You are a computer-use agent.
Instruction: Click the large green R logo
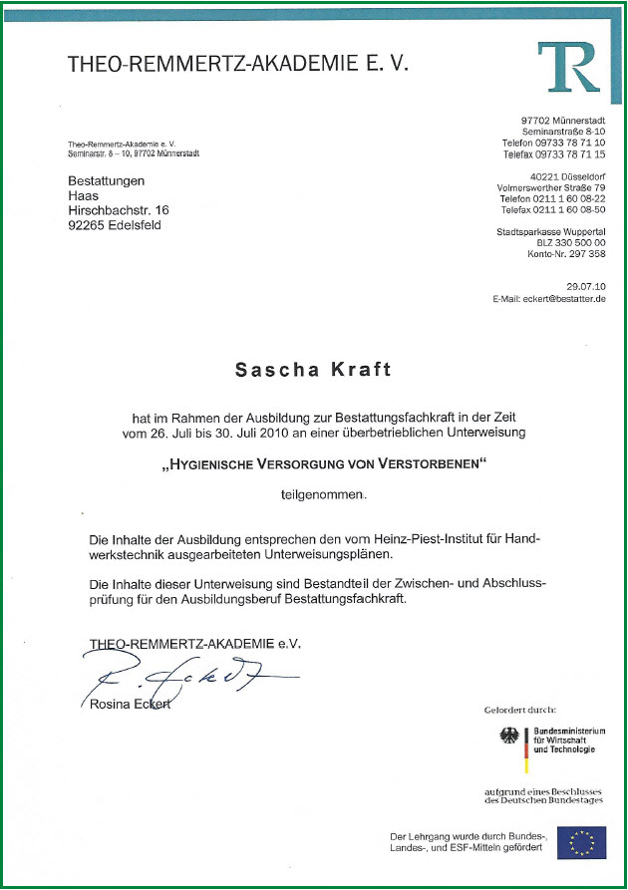pos(569,66)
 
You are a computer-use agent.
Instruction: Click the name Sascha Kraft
pos(313,370)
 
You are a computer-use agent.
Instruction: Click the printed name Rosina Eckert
pos(129,706)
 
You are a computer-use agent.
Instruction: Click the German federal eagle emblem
pos(509,740)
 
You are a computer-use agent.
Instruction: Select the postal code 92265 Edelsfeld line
pos(114,225)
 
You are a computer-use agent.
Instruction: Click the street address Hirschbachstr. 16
pos(119,210)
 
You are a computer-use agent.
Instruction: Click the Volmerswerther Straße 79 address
pos(551,187)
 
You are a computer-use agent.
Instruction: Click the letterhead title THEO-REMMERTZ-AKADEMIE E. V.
pos(238,64)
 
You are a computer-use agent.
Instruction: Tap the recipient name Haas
pos(83,195)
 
